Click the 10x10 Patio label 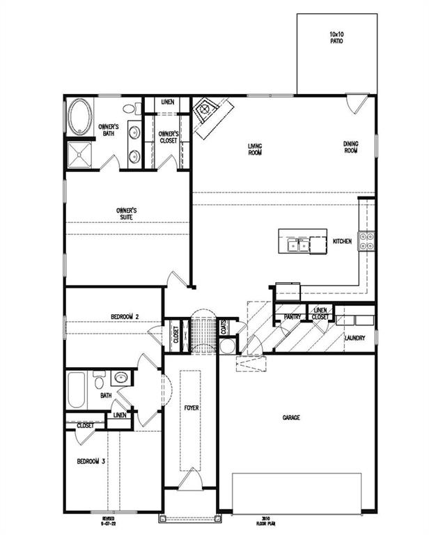tap(336, 37)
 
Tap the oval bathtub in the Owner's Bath tap(80, 118)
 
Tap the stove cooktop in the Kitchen tap(366, 241)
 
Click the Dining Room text tap(350, 148)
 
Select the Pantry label tap(292, 317)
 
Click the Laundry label tap(355, 338)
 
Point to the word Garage tap(291, 418)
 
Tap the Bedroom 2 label tap(125, 317)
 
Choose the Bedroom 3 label tap(91, 461)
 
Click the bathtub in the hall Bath tap(76, 390)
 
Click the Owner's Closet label tap(168, 137)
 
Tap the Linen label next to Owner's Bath tap(167, 102)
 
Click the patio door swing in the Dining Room tap(357, 104)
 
